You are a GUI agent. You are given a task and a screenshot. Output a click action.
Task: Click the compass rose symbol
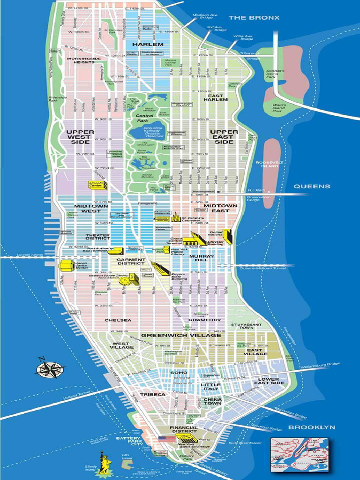pyautogui.click(x=50, y=368)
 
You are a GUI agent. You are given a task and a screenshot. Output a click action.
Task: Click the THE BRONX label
pyautogui.click(x=254, y=18)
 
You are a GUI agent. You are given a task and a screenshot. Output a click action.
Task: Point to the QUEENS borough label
pyautogui.click(x=312, y=186)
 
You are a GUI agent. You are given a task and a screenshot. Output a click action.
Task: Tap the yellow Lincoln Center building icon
pyautogui.click(x=98, y=185)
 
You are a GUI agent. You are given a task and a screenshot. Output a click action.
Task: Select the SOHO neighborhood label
pyautogui.click(x=179, y=373)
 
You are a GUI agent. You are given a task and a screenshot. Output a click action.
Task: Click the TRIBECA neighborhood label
pyautogui.click(x=152, y=395)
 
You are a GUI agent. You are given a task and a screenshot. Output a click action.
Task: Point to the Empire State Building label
pyautogui.click(x=179, y=277)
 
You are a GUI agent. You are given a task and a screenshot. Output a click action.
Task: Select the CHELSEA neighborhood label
pyautogui.click(x=118, y=320)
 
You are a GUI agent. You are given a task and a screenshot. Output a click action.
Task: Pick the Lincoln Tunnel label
pyautogui.click(x=30, y=255)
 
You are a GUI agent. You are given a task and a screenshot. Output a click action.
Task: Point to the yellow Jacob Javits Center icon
pyautogui.click(x=64, y=266)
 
